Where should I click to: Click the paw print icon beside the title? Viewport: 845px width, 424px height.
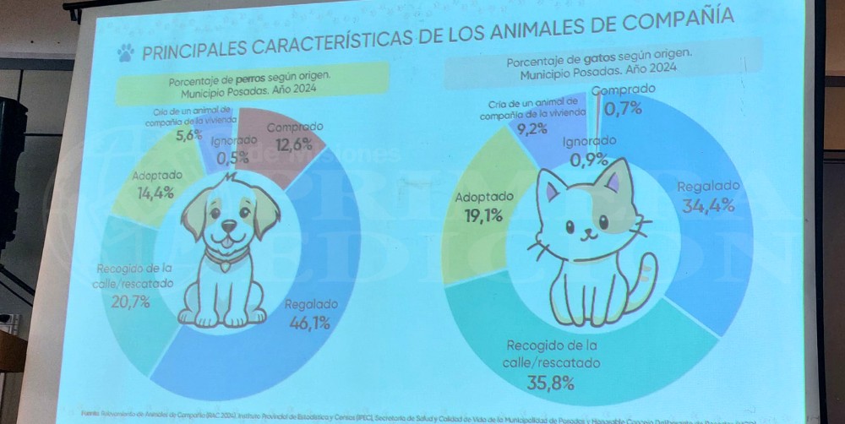coord(126,53)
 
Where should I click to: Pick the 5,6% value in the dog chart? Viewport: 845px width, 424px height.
coord(188,134)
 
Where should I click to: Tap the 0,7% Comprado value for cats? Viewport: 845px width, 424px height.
coord(623,107)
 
